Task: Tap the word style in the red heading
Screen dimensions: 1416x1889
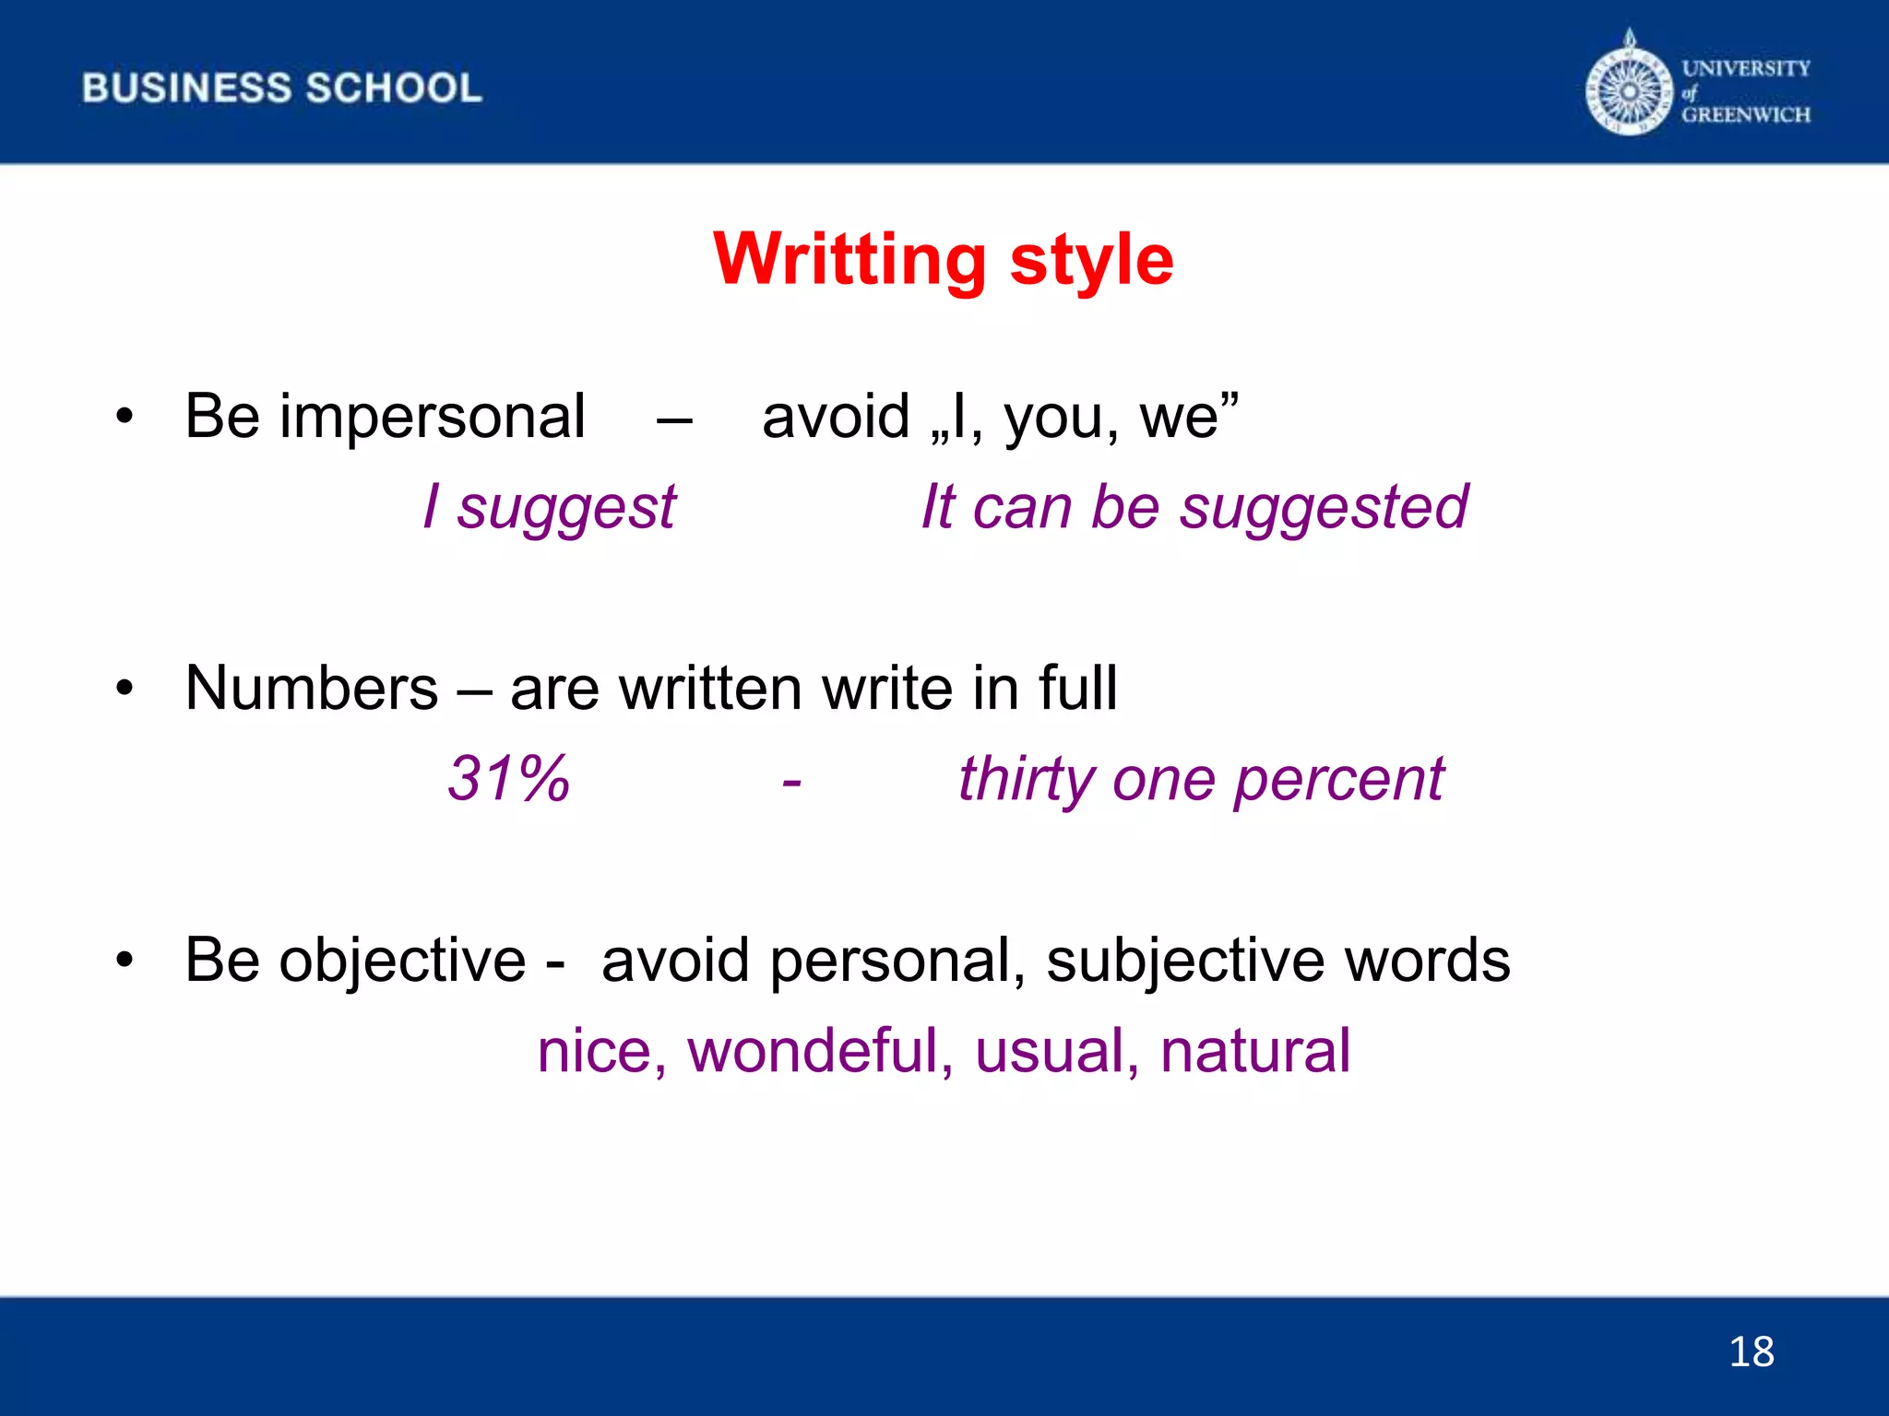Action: coord(1092,261)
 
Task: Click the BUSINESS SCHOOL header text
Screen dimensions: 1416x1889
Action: coord(281,88)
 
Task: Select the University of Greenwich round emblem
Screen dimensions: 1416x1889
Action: coord(1629,91)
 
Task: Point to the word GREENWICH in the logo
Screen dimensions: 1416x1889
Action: coord(1745,115)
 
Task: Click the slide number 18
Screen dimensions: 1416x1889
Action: coord(1751,1351)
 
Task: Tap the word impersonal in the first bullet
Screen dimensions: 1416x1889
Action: coord(433,417)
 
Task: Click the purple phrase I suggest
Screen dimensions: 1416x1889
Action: coord(550,507)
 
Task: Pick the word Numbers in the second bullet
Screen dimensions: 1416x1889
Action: coord(312,689)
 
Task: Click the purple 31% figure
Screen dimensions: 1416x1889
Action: coord(508,779)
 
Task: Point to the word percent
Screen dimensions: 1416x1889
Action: coord(1338,780)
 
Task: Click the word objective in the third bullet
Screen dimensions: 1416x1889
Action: coord(402,961)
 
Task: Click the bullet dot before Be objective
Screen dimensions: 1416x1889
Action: coord(125,961)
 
